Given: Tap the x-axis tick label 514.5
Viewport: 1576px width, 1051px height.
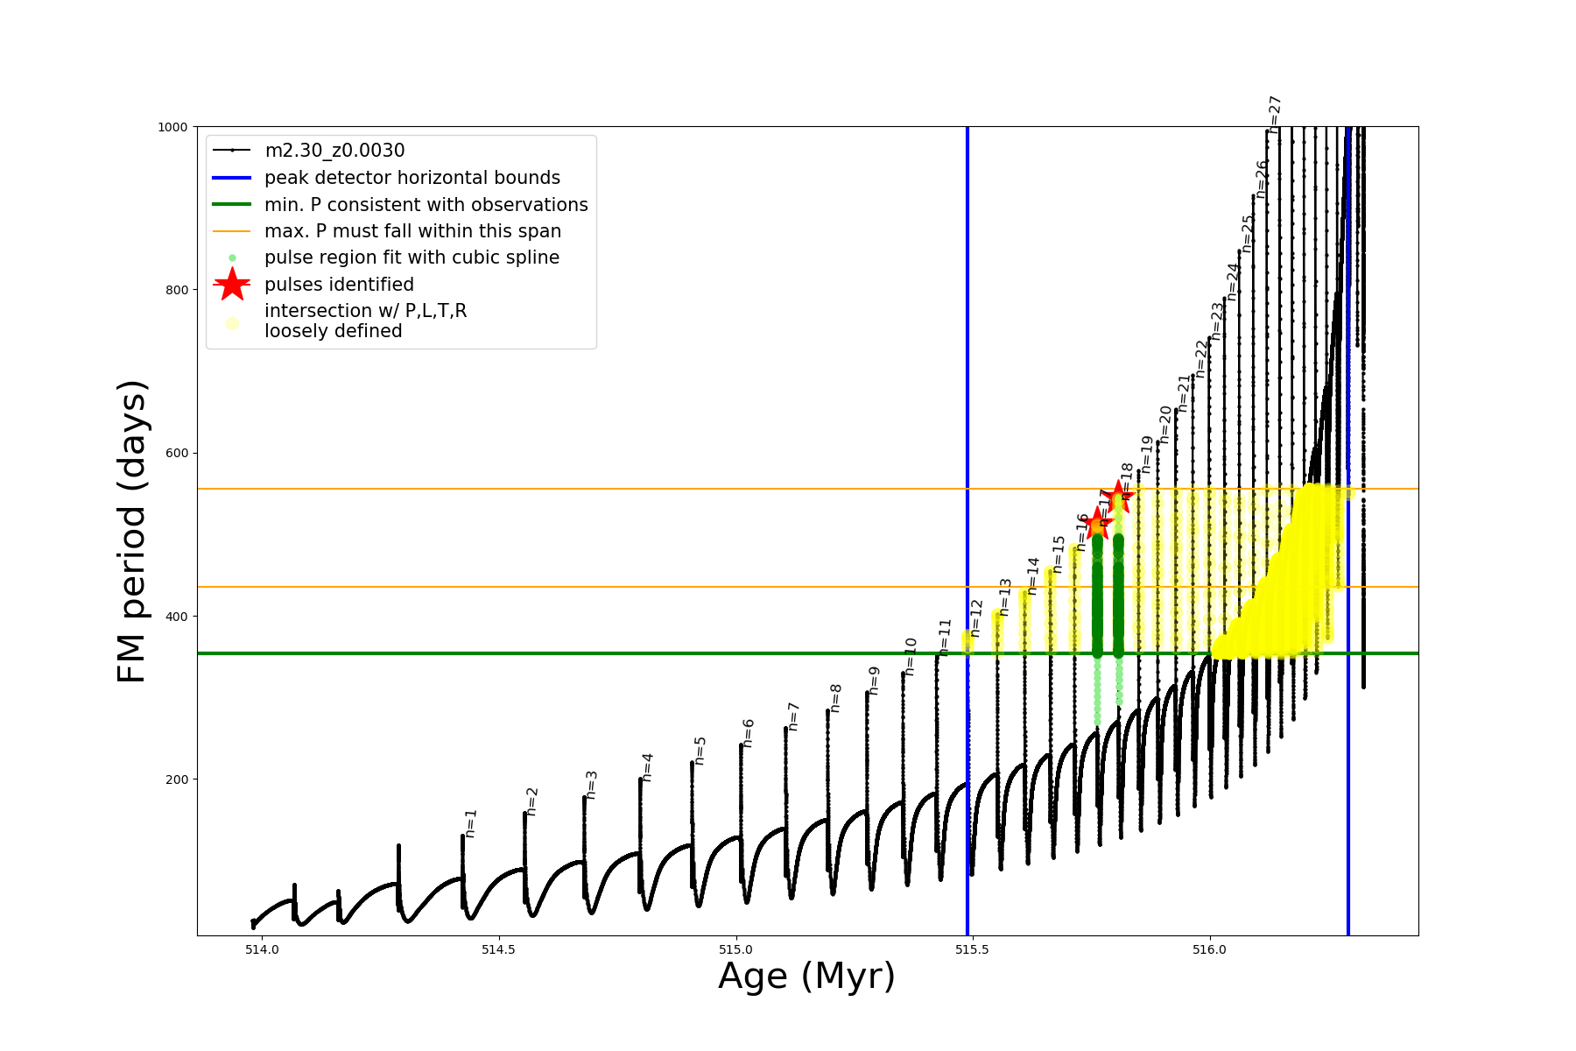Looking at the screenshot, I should pos(498,949).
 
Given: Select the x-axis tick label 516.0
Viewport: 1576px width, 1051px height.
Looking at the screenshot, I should pos(1210,949).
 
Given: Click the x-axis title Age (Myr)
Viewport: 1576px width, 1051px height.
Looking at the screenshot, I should pos(806,977).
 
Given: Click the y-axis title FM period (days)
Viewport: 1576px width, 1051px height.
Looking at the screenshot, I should pos(131,531).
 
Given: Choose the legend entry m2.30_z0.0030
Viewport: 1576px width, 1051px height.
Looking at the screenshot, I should pos(334,151).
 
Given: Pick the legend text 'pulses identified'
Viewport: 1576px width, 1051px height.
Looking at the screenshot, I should pos(339,285).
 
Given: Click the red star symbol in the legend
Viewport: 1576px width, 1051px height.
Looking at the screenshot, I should pos(232,285).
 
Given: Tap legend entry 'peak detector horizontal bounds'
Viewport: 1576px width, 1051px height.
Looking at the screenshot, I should pos(412,178).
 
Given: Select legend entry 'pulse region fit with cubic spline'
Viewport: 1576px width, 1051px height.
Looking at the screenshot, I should pos(412,257).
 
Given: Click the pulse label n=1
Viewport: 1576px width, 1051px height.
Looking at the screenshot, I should pos(471,823).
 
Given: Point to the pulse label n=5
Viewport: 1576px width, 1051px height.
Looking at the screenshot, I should pos(700,751).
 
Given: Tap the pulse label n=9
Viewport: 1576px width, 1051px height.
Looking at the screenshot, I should pos(874,681).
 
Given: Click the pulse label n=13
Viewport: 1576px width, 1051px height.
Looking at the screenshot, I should pos(1005,596).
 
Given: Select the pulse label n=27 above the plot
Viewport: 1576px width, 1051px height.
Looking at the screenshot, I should pos(1275,114).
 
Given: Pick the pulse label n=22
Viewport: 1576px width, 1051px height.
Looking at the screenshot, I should pos(1201,358).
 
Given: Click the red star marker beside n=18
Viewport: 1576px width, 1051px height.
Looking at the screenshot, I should pos(1117,497).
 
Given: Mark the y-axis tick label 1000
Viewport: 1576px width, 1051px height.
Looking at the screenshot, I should pos(173,127).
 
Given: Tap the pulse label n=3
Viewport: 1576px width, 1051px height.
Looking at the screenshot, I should pos(592,785).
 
